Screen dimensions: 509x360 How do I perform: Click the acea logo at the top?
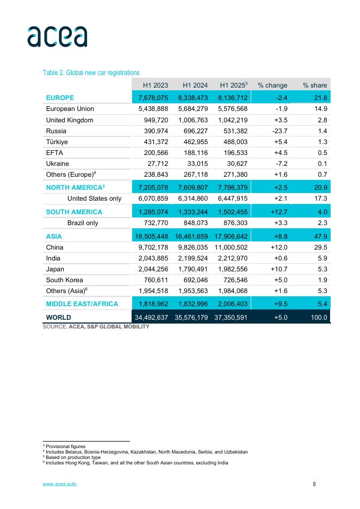click(x=57, y=36)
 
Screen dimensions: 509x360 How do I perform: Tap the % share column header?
click(x=315, y=85)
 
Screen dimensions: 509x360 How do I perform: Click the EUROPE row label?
click(x=60, y=98)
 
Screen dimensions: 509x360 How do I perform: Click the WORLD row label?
click(x=59, y=318)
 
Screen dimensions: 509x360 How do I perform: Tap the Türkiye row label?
click(x=57, y=141)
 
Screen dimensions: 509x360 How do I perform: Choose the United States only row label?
click(x=94, y=198)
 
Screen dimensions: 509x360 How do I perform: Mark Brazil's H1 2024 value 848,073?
click(x=193, y=223)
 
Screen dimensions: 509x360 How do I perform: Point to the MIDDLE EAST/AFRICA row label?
click(x=82, y=304)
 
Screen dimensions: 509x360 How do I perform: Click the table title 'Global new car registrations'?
click(x=91, y=73)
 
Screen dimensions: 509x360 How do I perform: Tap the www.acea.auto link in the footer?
click(x=60, y=484)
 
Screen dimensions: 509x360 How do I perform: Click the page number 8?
click(x=314, y=484)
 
